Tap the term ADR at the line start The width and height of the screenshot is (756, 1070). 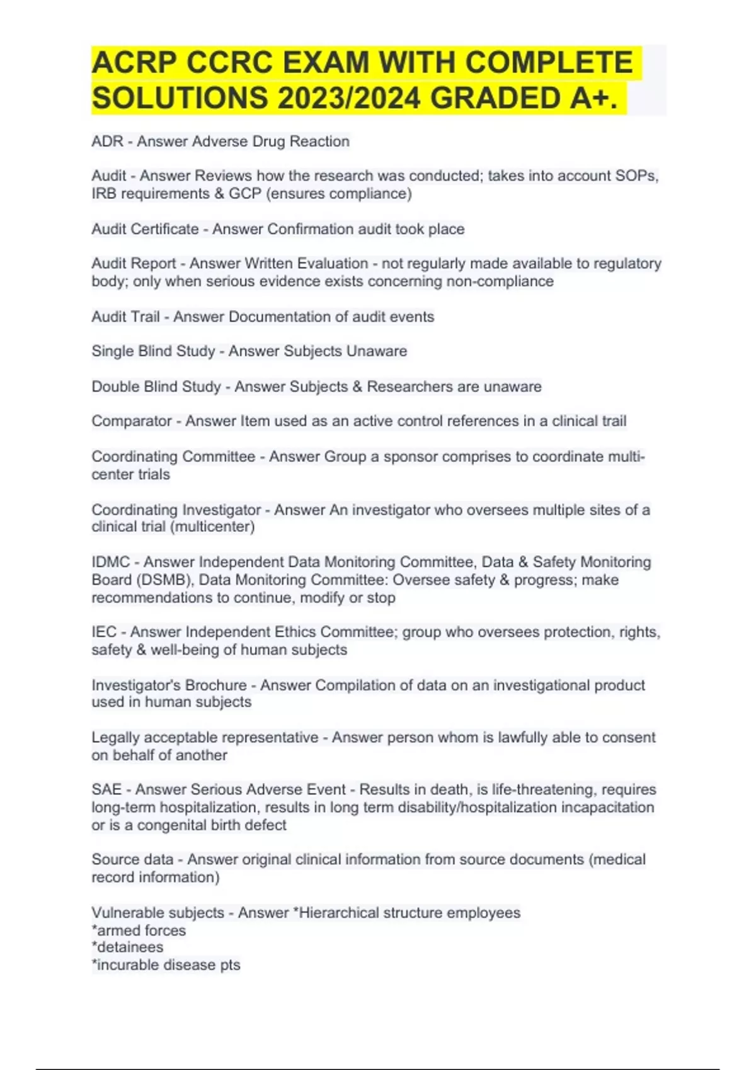[107, 142]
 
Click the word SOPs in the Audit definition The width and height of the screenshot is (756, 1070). [640, 176]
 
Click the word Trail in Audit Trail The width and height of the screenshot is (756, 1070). [145, 317]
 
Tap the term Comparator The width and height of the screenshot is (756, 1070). [132, 421]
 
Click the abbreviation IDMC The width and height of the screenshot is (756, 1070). [111, 562]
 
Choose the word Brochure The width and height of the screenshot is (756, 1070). [216, 685]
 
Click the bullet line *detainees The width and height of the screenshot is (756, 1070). [128, 947]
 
